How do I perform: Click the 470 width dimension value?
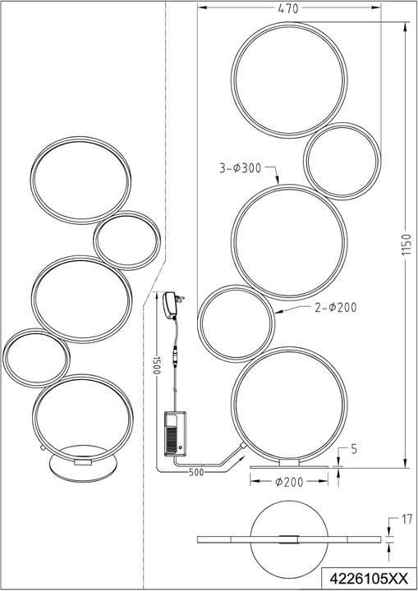287,8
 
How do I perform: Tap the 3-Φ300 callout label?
240,169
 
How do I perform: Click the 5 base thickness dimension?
352,449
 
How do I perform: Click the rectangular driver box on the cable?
176,432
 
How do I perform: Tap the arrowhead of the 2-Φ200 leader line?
276,313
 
